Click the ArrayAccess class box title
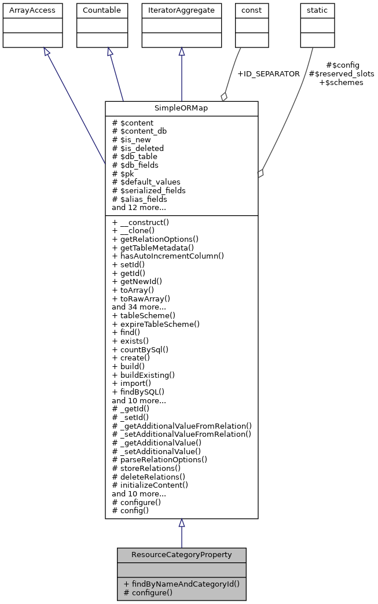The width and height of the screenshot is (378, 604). tap(25, 10)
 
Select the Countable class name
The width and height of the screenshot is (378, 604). tap(102, 10)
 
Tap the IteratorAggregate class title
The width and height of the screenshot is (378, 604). tap(182, 10)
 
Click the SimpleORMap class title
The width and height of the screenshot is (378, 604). tap(181, 109)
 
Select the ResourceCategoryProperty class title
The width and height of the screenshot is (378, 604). tap(181, 555)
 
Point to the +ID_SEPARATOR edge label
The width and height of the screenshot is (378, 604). tap(269, 74)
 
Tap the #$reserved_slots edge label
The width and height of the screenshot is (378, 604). tap(341, 74)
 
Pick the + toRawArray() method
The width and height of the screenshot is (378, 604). tap(141, 299)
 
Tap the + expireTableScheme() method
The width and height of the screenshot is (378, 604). tap(156, 324)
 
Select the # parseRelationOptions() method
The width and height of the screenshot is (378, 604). tap(159, 459)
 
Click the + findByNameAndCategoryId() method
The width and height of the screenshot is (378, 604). tap(181, 584)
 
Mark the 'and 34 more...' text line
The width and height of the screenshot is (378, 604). tap(139, 307)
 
